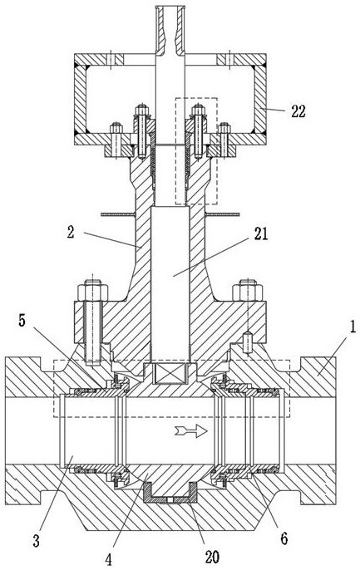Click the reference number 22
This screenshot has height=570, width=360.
coord(298,111)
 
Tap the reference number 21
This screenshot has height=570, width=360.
coord(261,233)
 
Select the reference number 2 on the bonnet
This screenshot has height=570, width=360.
coord(71,232)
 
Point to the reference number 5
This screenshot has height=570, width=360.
coord(22,322)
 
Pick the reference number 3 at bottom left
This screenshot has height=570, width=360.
coord(36,541)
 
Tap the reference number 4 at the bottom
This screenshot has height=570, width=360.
coord(109,560)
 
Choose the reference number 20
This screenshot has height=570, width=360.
coord(212,556)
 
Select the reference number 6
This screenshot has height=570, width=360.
coord(284,538)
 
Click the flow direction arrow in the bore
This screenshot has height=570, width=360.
coord(191,431)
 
